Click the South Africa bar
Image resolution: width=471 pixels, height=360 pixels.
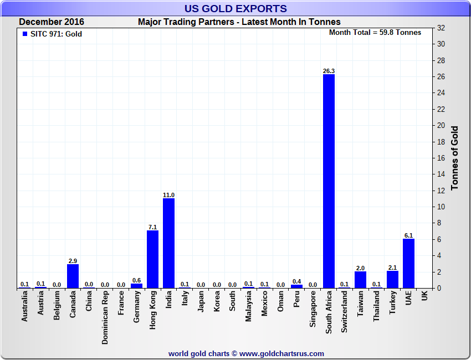click(329, 181)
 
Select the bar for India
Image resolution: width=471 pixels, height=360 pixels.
click(168, 243)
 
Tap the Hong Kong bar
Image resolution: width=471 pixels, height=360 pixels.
click(152, 259)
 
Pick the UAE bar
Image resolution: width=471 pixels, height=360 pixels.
click(408, 263)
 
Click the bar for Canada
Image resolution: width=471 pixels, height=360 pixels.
click(73, 276)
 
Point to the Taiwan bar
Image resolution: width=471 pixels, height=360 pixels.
click(360, 280)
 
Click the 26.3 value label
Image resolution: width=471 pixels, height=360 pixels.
click(329, 71)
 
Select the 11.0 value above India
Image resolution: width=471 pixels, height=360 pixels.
click(168, 195)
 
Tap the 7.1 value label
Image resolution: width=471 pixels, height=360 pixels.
click(152, 227)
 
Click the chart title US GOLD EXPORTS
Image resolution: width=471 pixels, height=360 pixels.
click(235, 8)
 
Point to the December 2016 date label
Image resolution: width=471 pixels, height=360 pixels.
click(52, 22)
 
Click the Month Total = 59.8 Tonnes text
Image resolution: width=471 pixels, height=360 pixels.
click(375, 33)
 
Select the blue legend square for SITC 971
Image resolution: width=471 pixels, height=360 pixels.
click(24, 34)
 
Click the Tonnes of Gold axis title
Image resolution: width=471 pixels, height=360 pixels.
click(455, 158)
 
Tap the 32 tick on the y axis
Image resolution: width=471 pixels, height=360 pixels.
click(441, 28)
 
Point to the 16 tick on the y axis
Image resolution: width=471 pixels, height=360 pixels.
click(441, 158)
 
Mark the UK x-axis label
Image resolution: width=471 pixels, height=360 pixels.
click(424, 297)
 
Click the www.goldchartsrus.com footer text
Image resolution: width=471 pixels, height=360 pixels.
click(282, 353)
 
